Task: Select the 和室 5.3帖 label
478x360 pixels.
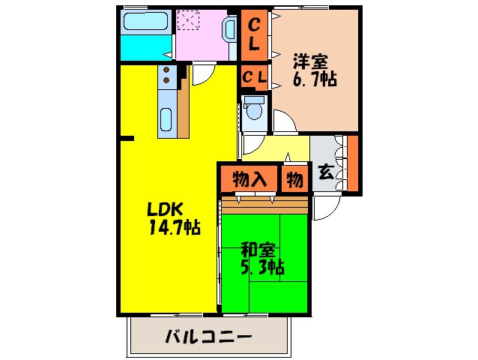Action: click(x=261, y=257)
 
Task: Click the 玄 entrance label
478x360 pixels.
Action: click(x=326, y=171)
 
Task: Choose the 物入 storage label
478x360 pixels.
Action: click(x=249, y=179)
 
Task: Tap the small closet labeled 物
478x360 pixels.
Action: click(x=294, y=179)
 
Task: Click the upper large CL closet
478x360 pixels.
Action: click(x=255, y=34)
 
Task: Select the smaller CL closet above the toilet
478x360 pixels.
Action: click(x=255, y=76)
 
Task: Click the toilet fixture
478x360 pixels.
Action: click(x=255, y=109)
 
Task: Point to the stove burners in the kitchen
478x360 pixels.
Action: click(x=167, y=75)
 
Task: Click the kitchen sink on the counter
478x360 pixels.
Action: click(x=166, y=119)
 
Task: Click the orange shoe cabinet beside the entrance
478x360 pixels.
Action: click(x=353, y=163)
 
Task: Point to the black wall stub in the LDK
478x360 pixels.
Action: click(x=127, y=138)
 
